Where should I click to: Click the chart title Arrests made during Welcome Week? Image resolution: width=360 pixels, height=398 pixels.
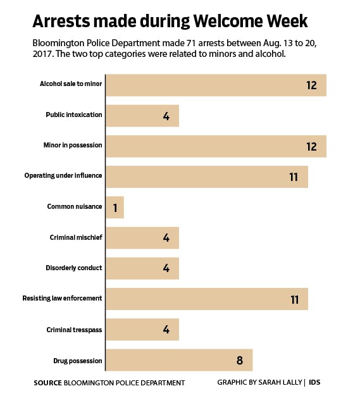(170, 21)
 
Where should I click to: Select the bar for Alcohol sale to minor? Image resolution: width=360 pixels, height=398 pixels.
(216, 85)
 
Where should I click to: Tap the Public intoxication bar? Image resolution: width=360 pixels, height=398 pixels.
(142, 115)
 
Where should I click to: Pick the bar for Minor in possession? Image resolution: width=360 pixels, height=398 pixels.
(216, 146)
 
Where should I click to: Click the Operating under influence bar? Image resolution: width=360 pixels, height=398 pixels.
(207, 177)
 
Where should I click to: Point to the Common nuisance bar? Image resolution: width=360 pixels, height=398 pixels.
(115, 207)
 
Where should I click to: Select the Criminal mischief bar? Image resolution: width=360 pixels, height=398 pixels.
(142, 237)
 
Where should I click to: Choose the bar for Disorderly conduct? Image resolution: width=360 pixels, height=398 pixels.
(142, 268)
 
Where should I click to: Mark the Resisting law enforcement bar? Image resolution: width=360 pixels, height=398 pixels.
(207, 299)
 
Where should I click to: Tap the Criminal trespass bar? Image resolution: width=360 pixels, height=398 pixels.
(142, 329)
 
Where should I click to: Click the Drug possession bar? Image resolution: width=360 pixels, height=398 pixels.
(179, 359)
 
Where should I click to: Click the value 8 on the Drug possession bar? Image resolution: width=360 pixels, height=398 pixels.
(239, 360)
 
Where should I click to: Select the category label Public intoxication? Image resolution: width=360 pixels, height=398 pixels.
(74, 115)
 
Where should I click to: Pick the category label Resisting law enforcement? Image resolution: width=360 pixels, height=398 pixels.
(62, 299)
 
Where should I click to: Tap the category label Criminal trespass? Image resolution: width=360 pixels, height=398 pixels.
(75, 329)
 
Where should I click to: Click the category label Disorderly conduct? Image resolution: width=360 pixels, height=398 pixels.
(73, 268)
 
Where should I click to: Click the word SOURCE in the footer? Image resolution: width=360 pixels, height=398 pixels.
(48, 383)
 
